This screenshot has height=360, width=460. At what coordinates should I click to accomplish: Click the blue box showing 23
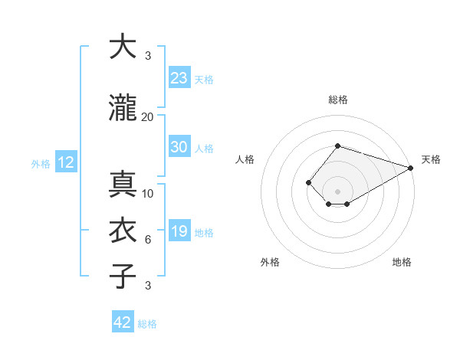click(x=179, y=78)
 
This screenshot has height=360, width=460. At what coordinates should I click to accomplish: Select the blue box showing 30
click(x=179, y=147)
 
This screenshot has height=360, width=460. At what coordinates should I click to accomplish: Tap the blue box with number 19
click(x=179, y=231)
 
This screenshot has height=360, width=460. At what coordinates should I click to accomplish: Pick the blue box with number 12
click(x=66, y=162)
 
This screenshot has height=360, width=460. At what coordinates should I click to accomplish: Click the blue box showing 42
click(x=123, y=322)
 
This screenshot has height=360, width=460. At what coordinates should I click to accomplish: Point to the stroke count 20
click(x=148, y=116)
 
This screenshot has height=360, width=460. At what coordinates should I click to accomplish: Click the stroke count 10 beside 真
click(x=148, y=193)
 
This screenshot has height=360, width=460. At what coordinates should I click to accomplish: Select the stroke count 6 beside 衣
click(x=148, y=240)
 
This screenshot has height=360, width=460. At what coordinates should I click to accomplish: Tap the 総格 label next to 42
click(x=147, y=324)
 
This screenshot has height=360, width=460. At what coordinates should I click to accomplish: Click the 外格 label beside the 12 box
click(x=41, y=163)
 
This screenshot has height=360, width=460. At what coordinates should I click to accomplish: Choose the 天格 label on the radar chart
click(x=431, y=159)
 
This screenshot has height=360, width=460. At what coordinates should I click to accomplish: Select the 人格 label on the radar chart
click(x=245, y=159)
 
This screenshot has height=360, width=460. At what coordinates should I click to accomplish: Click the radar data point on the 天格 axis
click(x=412, y=168)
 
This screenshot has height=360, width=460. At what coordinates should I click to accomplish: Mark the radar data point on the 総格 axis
click(x=337, y=146)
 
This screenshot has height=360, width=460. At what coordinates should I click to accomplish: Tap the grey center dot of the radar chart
click(x=337, y=191)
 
